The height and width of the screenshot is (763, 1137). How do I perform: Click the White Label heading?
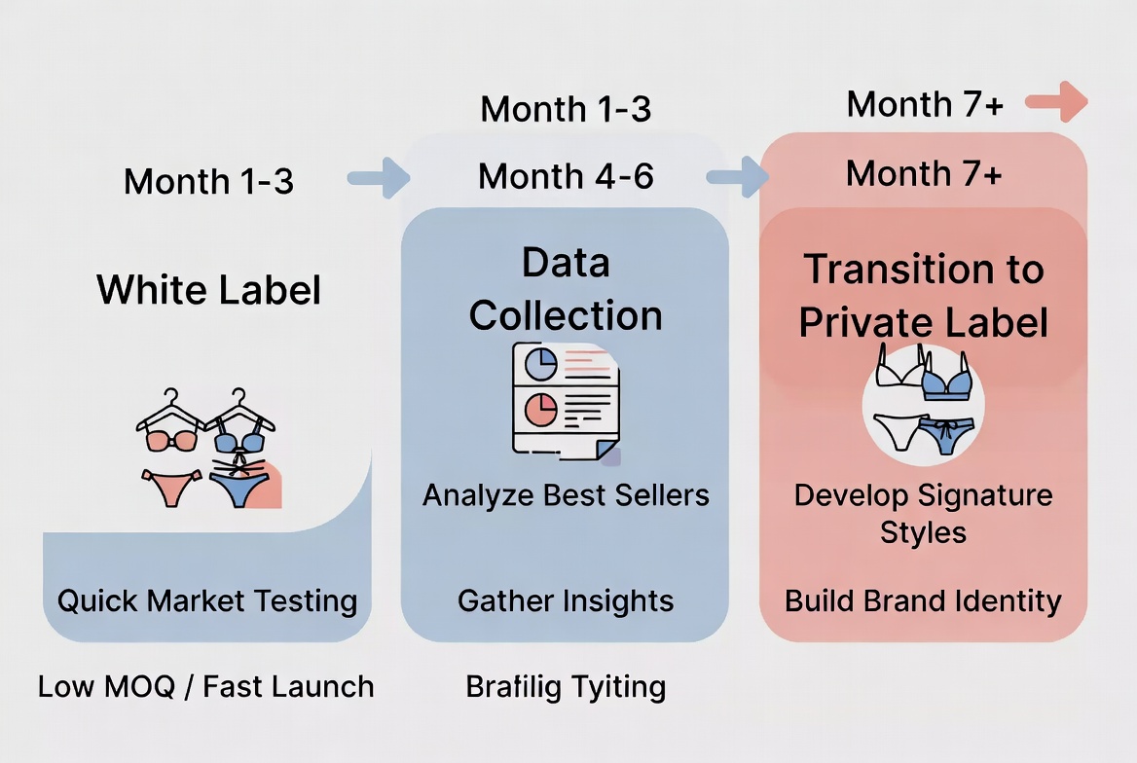click(x=209, y=290)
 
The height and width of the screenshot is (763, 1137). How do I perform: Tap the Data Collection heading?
click(x=566, y=289)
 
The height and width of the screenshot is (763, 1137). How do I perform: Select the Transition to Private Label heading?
click(x=923, y=296)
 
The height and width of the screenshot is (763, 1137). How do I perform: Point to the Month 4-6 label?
click(x=566, y=176)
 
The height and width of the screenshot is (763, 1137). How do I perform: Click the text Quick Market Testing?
click(x=207, y=599)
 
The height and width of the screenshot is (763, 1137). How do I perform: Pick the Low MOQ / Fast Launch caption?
click(x=205, y=686)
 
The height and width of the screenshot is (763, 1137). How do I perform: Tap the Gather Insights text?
click(x=566, y=600)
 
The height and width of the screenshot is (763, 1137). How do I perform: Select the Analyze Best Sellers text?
click(x=566, y=495)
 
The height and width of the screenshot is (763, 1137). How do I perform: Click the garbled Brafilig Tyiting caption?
click(x=566, y=687)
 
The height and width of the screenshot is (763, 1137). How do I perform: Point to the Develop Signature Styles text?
click(x=923, y=513)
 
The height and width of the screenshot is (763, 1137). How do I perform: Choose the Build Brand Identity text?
click(x=923, y=600)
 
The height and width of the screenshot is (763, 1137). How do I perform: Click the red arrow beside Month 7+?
click(x=1056, y=101)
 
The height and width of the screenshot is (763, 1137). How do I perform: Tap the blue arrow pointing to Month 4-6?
click(x=379, y=178)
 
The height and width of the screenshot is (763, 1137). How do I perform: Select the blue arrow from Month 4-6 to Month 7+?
click(x=737, y=177)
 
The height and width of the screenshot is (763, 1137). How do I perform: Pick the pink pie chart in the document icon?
click(x=539, y=410)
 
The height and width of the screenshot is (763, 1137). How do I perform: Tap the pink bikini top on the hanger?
click(x=170, y=439)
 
